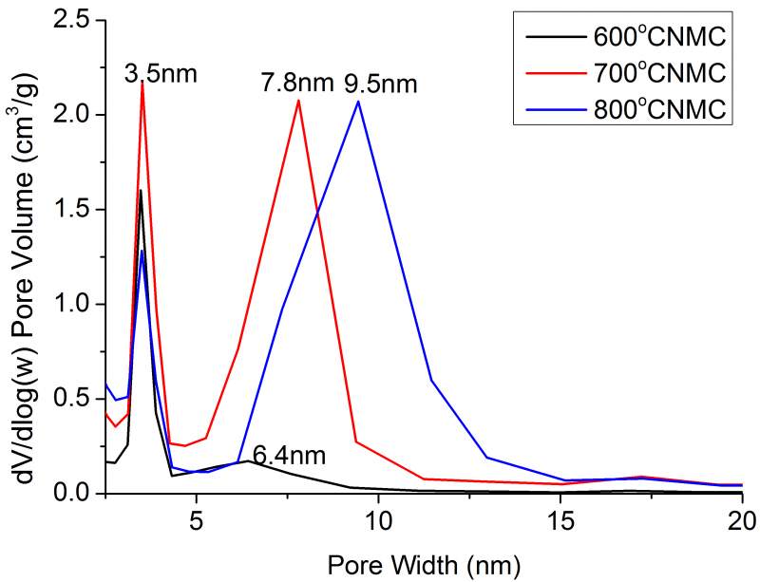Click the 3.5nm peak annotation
[x=161, y=72]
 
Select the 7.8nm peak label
[x=296, y=84]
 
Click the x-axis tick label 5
[x=196, y=521]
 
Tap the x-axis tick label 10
[x=378, y=521]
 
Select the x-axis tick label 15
[x=560, y=521]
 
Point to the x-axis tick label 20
[x=742, y=521]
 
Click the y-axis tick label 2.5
[x=75, y=20]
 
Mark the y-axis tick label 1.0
[x=75, y=305]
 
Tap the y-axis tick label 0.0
[x=75, y=494]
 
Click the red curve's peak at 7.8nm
[x=298, y=100]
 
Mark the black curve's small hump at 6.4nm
[x=248, y=460]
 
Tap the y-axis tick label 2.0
[x=75, y=115]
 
